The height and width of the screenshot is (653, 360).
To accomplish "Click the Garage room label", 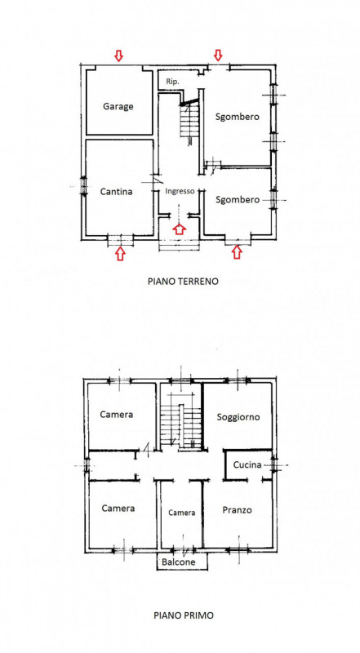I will click(118, 106).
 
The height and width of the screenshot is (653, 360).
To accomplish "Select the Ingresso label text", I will click(180, 191).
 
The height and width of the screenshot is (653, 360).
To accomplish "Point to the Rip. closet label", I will click(172, 82).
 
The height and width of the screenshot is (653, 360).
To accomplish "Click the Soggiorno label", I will click(238, 417).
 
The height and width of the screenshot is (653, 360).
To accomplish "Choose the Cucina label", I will click(247, 464).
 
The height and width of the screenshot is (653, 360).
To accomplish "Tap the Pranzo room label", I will click(237, 509).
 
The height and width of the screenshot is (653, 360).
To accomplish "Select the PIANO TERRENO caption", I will click(183, 281).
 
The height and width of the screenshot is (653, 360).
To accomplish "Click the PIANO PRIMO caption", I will click(183, 616).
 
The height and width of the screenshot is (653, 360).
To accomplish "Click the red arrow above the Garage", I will click(118, 56).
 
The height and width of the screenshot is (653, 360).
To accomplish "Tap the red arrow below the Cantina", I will click(120, 254).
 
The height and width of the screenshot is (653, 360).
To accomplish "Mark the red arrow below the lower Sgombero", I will click(237, 253).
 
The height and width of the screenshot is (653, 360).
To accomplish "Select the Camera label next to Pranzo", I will click(182, 513).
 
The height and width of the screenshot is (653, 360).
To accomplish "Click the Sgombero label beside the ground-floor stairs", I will click(238, 117).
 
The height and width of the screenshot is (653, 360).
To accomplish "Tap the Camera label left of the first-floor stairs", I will click(117, 415).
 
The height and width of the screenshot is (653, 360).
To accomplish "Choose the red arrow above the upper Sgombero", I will click(217, 55).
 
